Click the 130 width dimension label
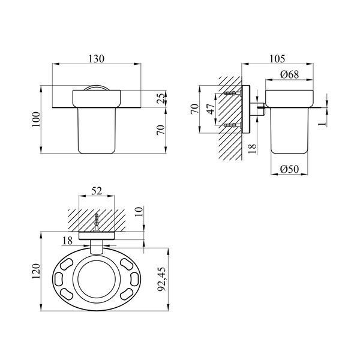(97, 59)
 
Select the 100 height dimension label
(36, 119)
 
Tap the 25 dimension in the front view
(161, 98)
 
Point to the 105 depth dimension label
(277, 59)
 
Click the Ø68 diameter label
(290, 74)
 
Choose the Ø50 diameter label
(290, 169)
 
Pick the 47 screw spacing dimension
(211, 109)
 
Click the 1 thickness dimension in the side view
(323, 124)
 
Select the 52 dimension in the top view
(97, 191)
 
